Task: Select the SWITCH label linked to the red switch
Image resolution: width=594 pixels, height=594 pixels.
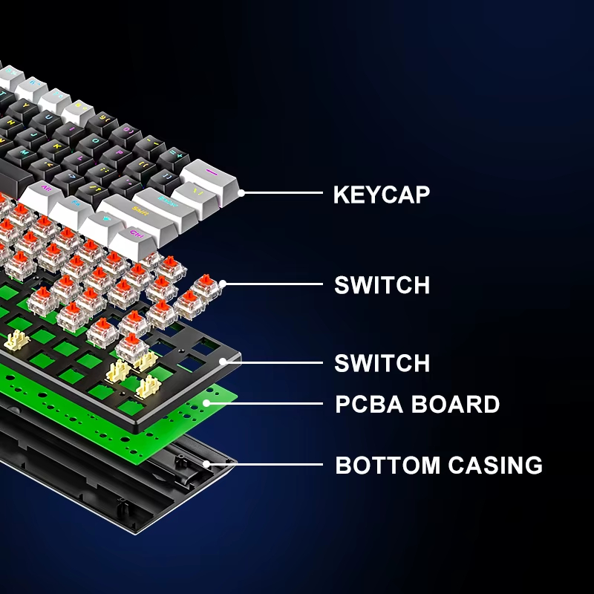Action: (382, 285)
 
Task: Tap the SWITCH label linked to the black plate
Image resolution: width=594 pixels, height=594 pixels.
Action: (382, 363)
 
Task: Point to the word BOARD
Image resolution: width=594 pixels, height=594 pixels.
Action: (460, 405)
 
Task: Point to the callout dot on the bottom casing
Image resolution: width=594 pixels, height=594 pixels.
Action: (206, 465)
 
